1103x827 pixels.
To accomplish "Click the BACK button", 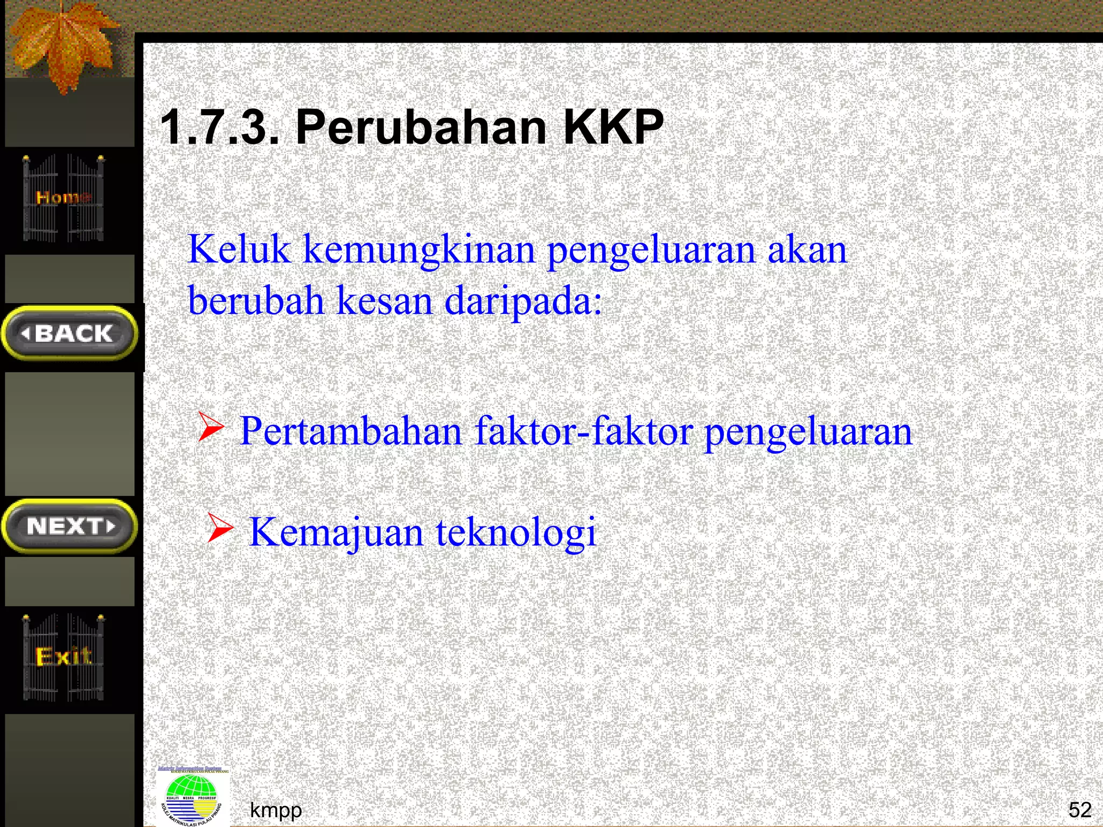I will coord(69,333).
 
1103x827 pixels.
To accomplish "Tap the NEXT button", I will coord(69,526).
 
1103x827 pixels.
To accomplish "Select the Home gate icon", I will coord(64,198).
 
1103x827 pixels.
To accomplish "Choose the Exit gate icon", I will coord(64,657).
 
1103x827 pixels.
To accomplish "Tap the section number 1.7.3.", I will coord(220,128).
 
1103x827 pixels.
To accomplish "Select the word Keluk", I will coord(239,250).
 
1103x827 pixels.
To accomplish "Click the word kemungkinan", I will coord(420,251).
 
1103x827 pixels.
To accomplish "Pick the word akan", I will coord(807,250).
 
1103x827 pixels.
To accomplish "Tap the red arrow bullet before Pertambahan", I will coord(211,427).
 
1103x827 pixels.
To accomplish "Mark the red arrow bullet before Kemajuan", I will coord(220,527).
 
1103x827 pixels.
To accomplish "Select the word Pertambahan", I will coord(351,431).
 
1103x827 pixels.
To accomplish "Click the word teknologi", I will coord(516,532).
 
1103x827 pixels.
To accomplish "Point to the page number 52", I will coord(1079,809).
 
